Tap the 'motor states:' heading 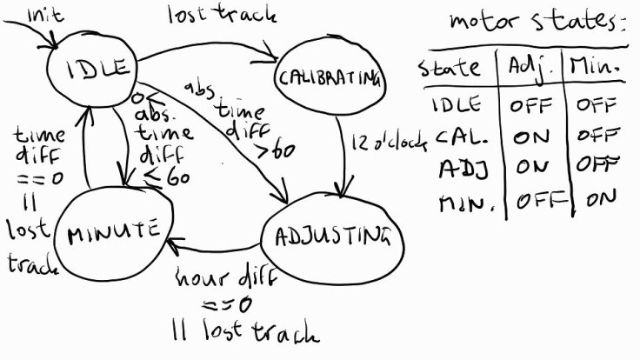click(x=537, y=21)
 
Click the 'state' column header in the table click(x=450, y=66)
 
